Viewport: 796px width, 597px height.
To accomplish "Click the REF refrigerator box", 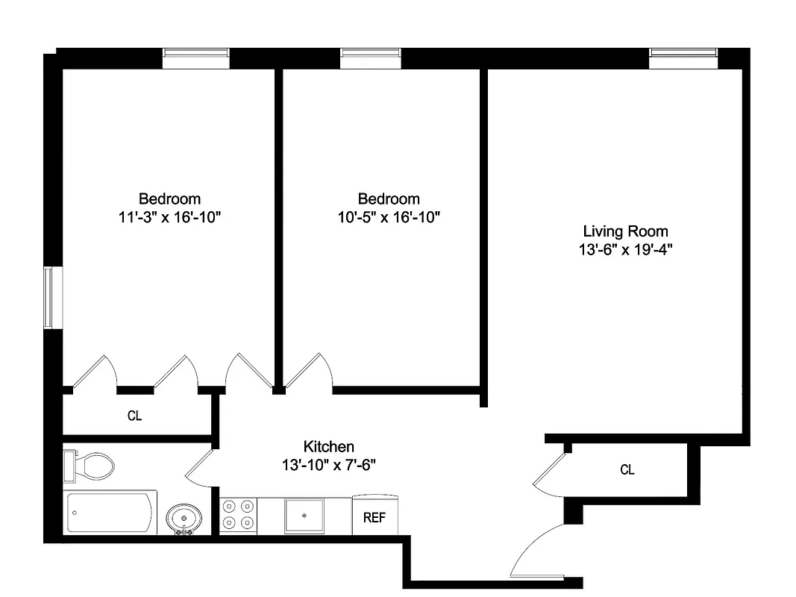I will point(375,517).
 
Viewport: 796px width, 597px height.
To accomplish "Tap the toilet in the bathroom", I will point(91,466).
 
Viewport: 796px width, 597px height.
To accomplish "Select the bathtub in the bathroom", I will point(112,512).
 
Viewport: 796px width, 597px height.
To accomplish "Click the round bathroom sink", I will point(184,516).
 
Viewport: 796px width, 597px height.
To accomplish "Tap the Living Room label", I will point(625,231).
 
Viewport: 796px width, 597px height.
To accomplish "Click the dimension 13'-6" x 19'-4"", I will point(625,251).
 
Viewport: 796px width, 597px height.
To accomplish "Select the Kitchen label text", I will point(328,446).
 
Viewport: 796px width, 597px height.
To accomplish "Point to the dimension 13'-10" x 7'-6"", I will point(328,465).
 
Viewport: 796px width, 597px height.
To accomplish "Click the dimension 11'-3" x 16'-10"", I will point(169,218).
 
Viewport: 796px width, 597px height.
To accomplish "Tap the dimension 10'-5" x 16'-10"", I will point(389,218).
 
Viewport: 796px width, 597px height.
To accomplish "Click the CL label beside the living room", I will point(627,469).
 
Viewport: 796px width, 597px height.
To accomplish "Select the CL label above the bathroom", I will point(134,416).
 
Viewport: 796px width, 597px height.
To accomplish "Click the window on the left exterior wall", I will point(48,297).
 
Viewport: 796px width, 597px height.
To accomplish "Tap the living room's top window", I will point(683,54).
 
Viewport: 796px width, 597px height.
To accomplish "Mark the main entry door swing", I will point(537,552).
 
